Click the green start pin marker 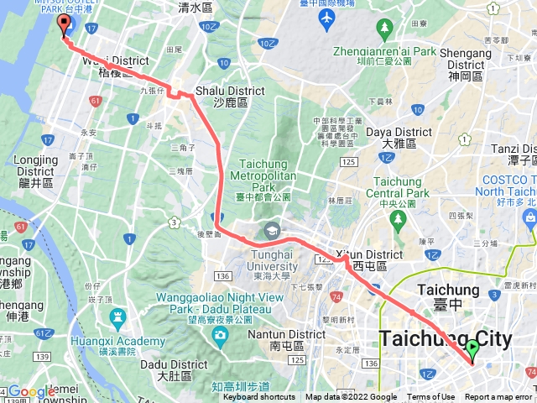[472, 349]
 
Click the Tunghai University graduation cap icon [272, 230]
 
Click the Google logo [31, 391]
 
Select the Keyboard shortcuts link [259, 397]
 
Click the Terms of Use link [431, 397]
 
